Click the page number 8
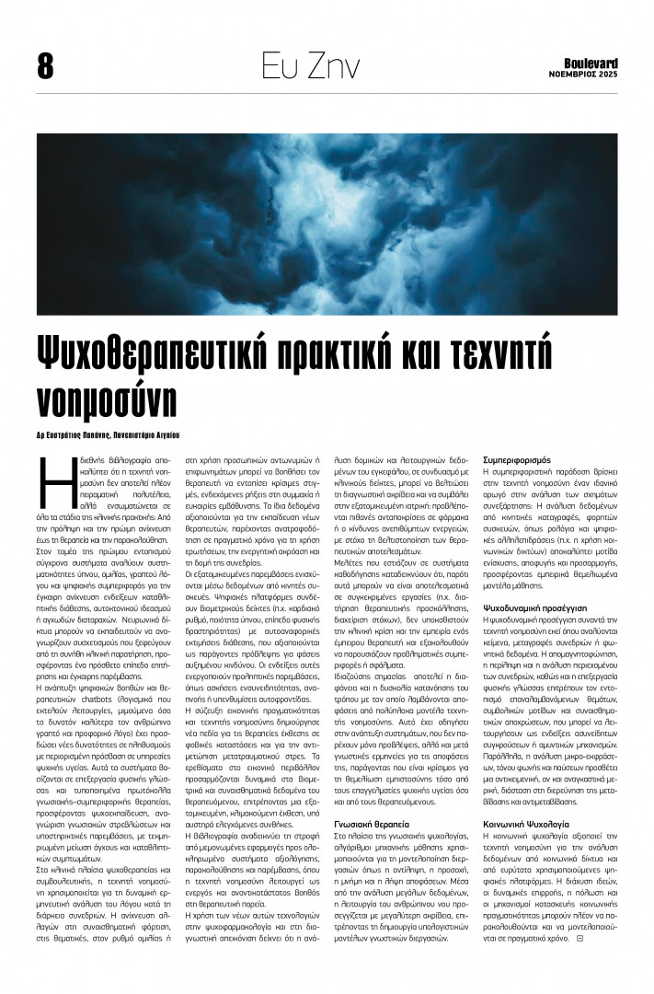[x=45, y=65]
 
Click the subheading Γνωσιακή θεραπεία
[x=368, y=824]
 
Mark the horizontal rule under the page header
[x=327, y=93]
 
